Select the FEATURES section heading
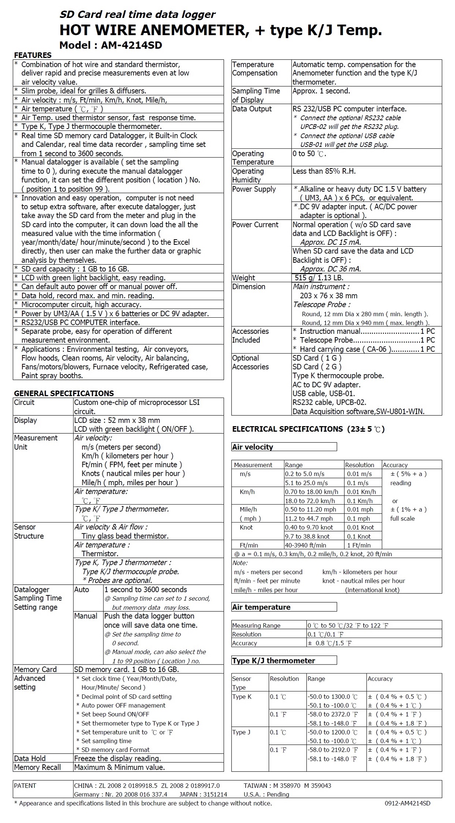(33, 55)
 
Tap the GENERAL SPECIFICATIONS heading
(64, 393)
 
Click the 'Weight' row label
(243, 278)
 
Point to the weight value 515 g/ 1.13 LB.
(319, 278)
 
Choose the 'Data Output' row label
(252, 109)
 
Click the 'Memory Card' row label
(35, 669)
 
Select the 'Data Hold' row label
(30, 758)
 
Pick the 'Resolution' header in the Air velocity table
(359, 465)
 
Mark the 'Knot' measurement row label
(246, 527)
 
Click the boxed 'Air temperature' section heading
(261, 607)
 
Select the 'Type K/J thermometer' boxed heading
(274, 660)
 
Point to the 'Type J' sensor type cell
(241, 732)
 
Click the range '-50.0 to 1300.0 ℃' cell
(332, 697)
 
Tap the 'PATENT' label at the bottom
(25, 786)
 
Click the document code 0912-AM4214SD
(407, 803)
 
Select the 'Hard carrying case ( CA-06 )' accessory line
(345, 349)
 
